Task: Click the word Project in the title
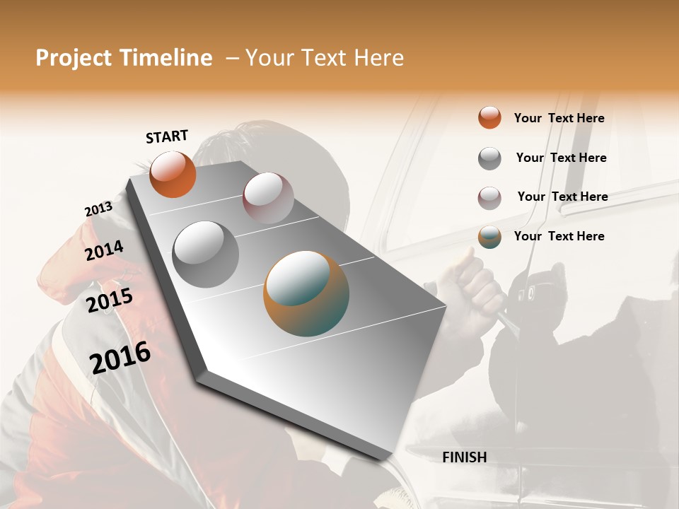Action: (x=74, y=58)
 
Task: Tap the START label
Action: (x=167, y=136)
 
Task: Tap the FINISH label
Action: (x=465, y=457)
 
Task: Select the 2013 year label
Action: (x=98, y=209)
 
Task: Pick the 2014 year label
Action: (x=105, y=250)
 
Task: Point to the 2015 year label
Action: (x=110, y=300)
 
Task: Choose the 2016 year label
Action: (x=121, y=358)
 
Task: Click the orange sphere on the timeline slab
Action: (x=173, y=174)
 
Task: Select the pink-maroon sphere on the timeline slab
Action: (x=268, y=198)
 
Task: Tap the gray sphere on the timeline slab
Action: (x=206, y=255)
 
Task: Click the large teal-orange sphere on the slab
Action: (x=306, y=293)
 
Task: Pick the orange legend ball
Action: (x=489, y=117)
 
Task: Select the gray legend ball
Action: (x=489, y=158)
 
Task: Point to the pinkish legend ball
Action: (x=489, y=198)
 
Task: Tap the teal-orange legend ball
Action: (x=489, y=237)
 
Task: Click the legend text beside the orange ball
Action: (x=559, y=118)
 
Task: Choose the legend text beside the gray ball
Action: (x=562, y=158)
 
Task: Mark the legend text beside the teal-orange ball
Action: (x=559, y=236)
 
